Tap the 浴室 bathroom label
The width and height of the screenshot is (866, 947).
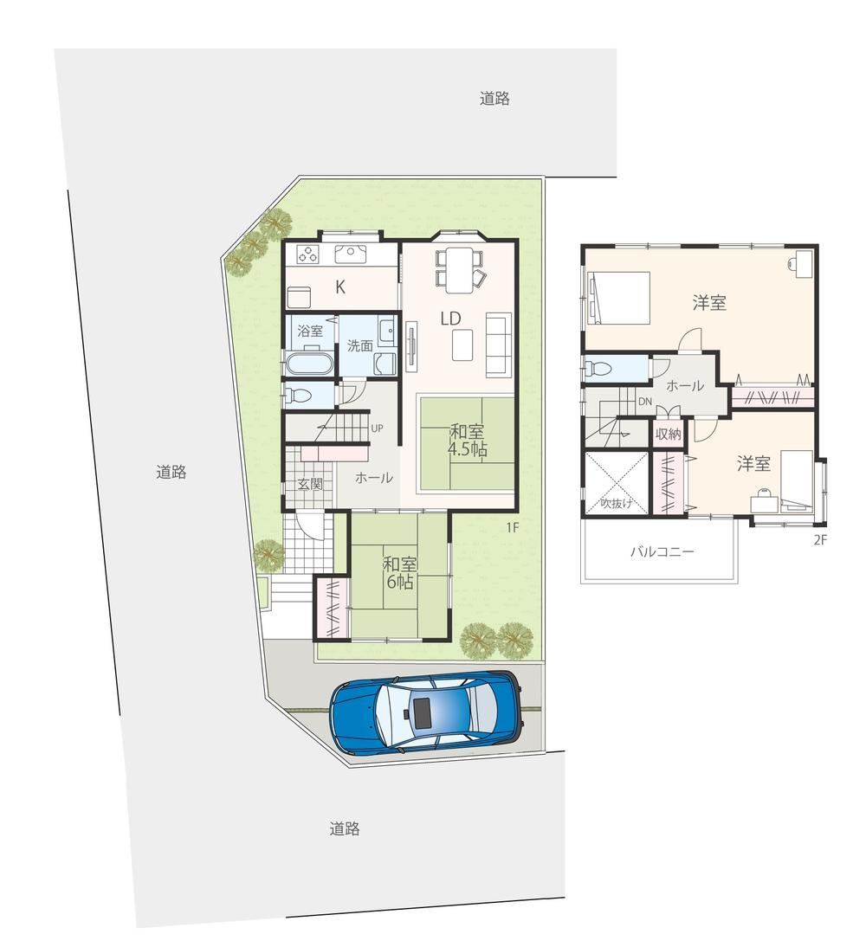[310, 331]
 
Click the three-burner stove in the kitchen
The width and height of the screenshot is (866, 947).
[308, 254]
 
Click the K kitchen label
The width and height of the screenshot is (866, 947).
[340, 287]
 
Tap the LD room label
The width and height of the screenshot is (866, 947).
[451, 319]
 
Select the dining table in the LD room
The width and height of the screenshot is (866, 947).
[459, 270]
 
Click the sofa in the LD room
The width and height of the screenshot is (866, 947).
[499, 345]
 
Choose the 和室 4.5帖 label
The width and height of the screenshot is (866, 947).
[467, 441]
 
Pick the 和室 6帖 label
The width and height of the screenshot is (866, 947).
[399, 573]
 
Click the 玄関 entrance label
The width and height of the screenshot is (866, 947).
[310, 484]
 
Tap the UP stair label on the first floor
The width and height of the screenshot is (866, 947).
[377, 428]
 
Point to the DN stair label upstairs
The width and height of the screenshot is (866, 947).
[645, 402]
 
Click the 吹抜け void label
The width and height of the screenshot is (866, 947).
[617, 503]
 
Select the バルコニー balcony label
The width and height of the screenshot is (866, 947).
[662, 551]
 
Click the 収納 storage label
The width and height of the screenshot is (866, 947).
[669, 434]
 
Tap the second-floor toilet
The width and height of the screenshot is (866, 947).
[598, 368]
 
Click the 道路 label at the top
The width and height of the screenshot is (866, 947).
[494, 99]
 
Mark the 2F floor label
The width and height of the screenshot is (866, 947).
[819, 540]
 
